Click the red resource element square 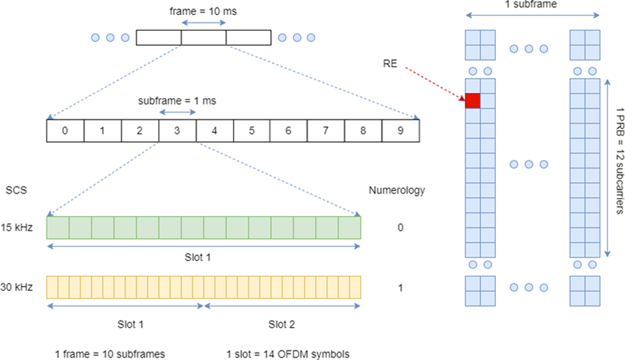click(473, 100)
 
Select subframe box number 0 click(65, 130)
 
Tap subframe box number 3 click(177, 130)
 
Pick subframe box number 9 click(400, 130)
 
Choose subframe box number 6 click(289, 130)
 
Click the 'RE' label click(390, 63)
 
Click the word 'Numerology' click(397, 190)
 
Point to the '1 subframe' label click(534, 6)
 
